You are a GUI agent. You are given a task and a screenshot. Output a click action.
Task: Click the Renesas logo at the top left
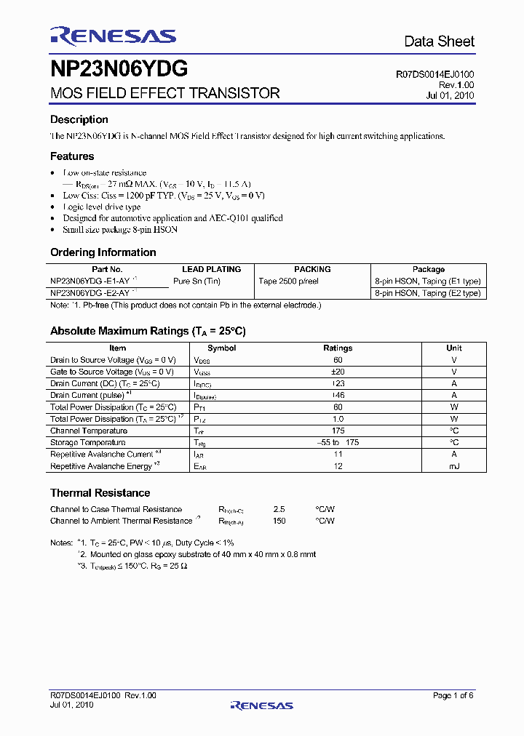pyautogui.click(x=113, y=36)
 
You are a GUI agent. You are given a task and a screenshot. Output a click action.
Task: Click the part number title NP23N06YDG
pyautogui.click(x=119, y=69)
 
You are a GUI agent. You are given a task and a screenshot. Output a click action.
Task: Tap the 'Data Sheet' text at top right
pyautogui.click(x=439, y=41)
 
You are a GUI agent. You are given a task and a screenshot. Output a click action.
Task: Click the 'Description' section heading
pyautogui.click(x=79, y=120)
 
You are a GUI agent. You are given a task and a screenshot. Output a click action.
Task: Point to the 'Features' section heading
pyautogui.click(x=72, y=156)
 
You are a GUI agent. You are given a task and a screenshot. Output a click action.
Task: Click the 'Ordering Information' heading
pyautogui.click(x=103, y=252)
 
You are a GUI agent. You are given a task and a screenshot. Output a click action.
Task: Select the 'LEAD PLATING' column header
pyautogui.click(x=211, y=269)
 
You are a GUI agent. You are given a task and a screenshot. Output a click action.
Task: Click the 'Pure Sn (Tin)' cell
pyautogui.click(x=196, y=281)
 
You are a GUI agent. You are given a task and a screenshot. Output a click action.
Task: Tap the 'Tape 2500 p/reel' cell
pyautogui.click(x=289, y=281)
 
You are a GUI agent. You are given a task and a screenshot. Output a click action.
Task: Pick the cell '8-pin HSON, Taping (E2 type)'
pyautogui.click(x=428, y=293)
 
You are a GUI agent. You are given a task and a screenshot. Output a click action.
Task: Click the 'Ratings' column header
pyautogui.click(x=338, y=348)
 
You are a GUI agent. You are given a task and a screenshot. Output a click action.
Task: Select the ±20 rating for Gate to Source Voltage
pyautogui.click(x=338, y=372)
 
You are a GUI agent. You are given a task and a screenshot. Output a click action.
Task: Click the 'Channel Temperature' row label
pyautogui.click(x=88, y=431)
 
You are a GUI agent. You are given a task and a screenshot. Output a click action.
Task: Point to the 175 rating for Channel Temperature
pyautogui.click(x=338, y=431)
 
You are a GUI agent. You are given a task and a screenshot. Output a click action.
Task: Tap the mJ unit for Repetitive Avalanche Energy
pyautogui.click(x=453, y=466)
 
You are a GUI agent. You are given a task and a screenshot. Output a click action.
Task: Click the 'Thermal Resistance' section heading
pyautogui.click(x=100, y=493)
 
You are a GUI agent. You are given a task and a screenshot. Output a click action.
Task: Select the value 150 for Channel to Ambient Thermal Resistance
pyautogui.click(x=279, y=521)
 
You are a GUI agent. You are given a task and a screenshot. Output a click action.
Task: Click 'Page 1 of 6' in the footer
pyautogui.click(x=453, y=696)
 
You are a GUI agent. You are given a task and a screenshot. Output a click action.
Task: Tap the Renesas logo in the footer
pyautogui.click(x=261, y=705)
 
